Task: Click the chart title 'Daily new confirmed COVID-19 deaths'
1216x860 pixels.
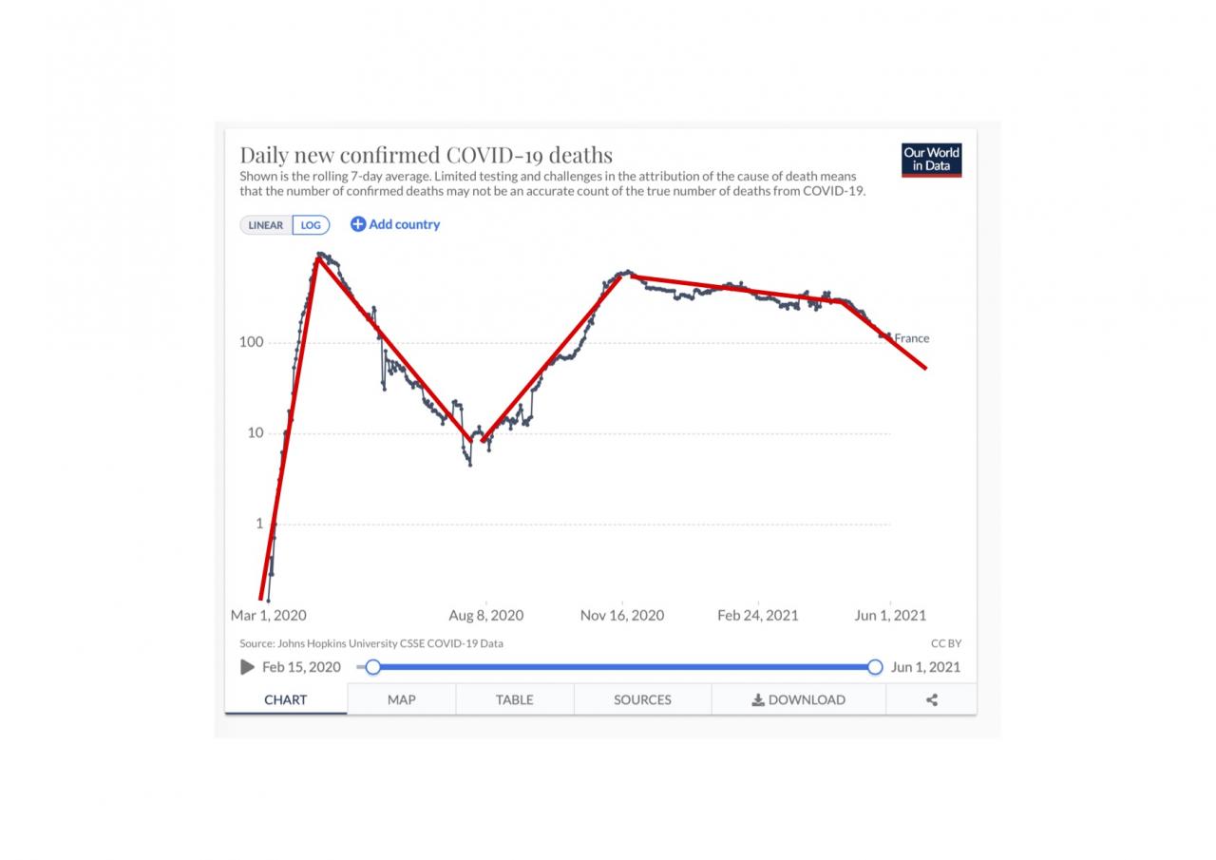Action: [x=426, y=155]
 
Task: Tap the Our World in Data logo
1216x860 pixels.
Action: [x=931, y=160]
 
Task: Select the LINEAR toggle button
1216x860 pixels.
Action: [x=266, y=225]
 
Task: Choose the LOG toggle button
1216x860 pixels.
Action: [x=311, y=225]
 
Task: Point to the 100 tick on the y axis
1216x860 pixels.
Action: [x=251, y=342]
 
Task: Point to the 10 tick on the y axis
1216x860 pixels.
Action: [x=255, y=433]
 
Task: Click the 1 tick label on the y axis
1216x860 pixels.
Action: [x=258, y=524]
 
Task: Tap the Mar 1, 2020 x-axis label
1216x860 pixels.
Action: [x=268, y=616]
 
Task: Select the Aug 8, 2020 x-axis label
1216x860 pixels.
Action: [x=485, y=616]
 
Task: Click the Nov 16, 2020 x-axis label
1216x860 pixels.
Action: [x=622, y=616]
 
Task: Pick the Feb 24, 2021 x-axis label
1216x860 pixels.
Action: [x=758, y=616]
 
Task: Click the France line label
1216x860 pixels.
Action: [x=911, y=338]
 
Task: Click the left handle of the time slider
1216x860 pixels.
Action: [x=373, y=667]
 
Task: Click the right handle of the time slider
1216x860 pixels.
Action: [x=875, y=667]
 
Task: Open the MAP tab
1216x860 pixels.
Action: [x=401, y=699]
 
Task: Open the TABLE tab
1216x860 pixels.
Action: [x=514, y=699]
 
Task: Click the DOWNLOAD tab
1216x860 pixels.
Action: [x=798, y=699]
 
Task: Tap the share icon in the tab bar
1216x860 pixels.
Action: [x=931, y=699]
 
